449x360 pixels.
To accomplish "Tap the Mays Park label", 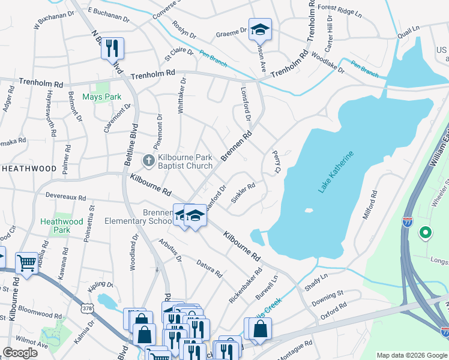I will coord(101,97).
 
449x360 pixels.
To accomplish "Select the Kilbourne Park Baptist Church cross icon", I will coord(149,160).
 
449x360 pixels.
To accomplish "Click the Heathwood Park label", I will coord(62,226).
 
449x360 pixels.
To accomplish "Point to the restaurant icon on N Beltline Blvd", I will coord(112,49).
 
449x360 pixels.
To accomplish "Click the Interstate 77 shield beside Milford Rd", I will coord(408,223).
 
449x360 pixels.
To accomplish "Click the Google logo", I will coord(20,353).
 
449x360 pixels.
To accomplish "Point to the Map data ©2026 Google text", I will coord(412,355).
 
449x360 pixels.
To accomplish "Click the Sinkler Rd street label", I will coord(244,193).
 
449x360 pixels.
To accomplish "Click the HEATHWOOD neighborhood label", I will coord(29,169).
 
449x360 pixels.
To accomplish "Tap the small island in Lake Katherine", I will coord(309,211).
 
